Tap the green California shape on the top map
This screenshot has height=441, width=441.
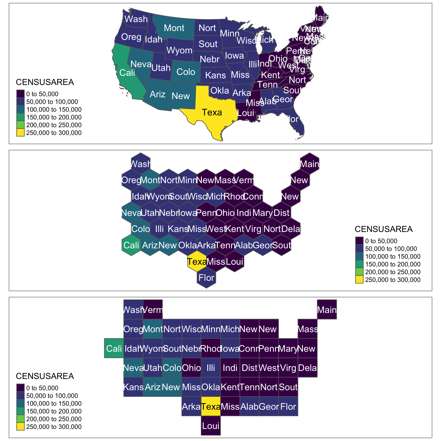[123, 72]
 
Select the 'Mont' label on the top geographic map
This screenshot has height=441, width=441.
[174, 28]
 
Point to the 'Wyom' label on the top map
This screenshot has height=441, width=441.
[179, 51]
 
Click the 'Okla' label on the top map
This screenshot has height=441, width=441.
[220, 91]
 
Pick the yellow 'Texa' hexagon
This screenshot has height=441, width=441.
[197, 261]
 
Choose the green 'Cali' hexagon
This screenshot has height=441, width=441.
[131, 245]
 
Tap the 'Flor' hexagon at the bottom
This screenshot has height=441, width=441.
[206, 278]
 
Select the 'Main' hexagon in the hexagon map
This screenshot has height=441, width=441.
[310, 164]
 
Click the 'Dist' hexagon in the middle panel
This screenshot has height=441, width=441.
[282, 213]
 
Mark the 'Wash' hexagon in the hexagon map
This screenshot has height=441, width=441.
[140, 164]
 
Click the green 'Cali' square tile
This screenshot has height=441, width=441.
[114, 349]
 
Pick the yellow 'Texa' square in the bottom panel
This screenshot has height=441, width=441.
[211, 407]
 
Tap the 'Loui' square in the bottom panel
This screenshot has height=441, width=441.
[211, 426]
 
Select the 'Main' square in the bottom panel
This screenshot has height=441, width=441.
[327, 310]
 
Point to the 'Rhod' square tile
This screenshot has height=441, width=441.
[211, 349]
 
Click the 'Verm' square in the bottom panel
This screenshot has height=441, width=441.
[153, 310]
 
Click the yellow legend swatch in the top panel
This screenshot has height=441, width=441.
[20, 133]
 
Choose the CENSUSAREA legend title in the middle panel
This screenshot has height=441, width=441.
[384, 229]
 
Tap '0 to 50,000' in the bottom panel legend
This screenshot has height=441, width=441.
[42, 388]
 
